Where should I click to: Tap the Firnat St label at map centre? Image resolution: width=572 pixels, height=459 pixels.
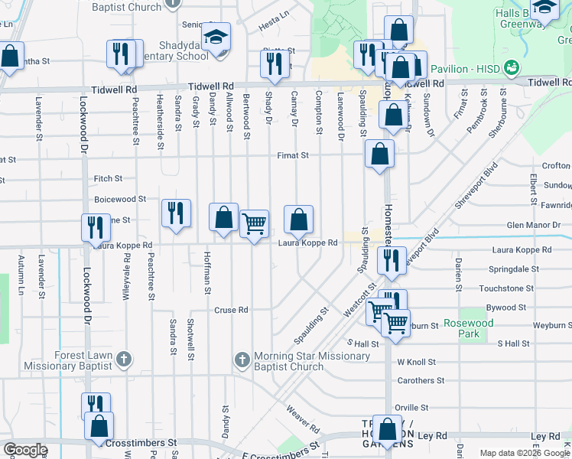(x=293, y=155)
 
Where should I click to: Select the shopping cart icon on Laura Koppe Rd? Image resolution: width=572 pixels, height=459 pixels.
(x=254, y=224)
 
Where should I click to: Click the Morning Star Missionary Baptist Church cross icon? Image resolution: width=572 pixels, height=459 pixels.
(x=242, y=359)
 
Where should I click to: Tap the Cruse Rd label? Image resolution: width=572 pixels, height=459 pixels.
(x=231, y=311)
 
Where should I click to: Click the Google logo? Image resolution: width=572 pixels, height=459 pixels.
(x=25, y=450)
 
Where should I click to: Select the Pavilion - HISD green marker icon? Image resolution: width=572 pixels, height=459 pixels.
(x=512, y=69)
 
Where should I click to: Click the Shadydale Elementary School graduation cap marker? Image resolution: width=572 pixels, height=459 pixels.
(x=216, y=37)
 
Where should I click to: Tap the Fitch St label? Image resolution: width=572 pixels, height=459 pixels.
(x=108, y=179)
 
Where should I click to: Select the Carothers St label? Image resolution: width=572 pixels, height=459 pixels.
(x=420, y=380)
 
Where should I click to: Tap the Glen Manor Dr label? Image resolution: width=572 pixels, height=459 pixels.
(x=534, y=226)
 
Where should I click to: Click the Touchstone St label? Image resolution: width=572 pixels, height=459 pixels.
(x=505, y=288)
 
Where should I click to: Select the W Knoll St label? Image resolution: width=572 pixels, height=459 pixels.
(x=416, y=362)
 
